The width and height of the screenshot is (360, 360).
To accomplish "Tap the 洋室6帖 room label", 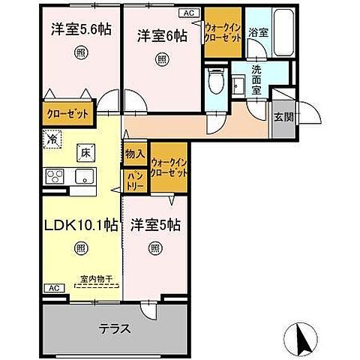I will point(161,34).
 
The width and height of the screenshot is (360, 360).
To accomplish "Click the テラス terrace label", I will point(115,328).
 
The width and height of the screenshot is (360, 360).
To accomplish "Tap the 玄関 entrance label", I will point(283,117).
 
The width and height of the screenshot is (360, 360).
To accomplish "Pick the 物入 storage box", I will point(135,153).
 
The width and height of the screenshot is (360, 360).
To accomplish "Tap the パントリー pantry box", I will point(135,178).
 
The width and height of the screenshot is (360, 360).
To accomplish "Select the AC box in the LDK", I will point(54,287).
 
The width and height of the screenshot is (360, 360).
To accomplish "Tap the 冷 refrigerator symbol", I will point(52,139).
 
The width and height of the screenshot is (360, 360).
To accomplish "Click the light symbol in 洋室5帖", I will point(154,247).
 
